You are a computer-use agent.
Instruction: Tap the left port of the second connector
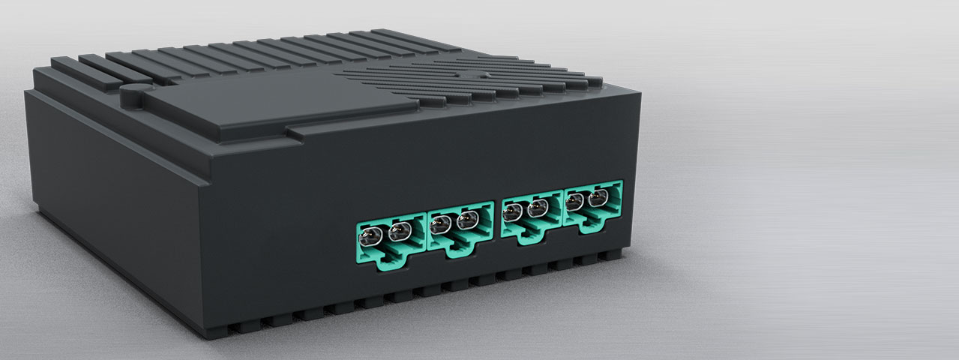[x=442, y=223]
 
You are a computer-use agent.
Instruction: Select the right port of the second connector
[x=468, y=220]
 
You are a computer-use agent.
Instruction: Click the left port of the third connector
[x=512, y=212]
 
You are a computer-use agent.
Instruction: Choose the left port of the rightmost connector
[x=576, y=202]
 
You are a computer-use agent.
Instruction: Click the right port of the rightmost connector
[x=598, y=199]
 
